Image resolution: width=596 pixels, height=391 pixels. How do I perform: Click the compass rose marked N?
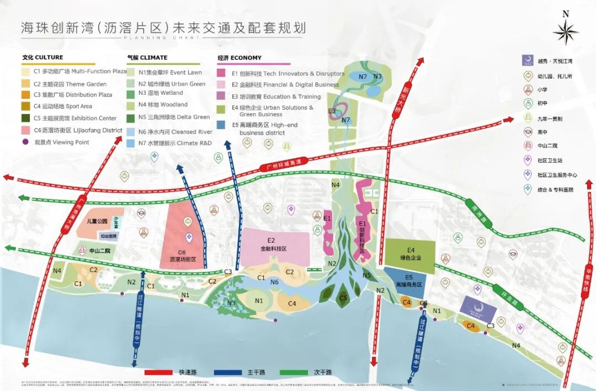(566, 30)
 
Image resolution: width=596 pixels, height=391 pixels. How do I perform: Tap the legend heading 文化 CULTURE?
(42, 57)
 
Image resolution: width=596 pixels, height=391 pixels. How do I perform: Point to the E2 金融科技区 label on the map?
(274, 245)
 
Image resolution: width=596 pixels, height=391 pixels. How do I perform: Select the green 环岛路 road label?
(500, 290)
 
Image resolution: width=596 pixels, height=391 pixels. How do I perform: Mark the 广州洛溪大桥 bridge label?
(84, 212)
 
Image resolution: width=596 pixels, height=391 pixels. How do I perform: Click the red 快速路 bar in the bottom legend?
(169, 372)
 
